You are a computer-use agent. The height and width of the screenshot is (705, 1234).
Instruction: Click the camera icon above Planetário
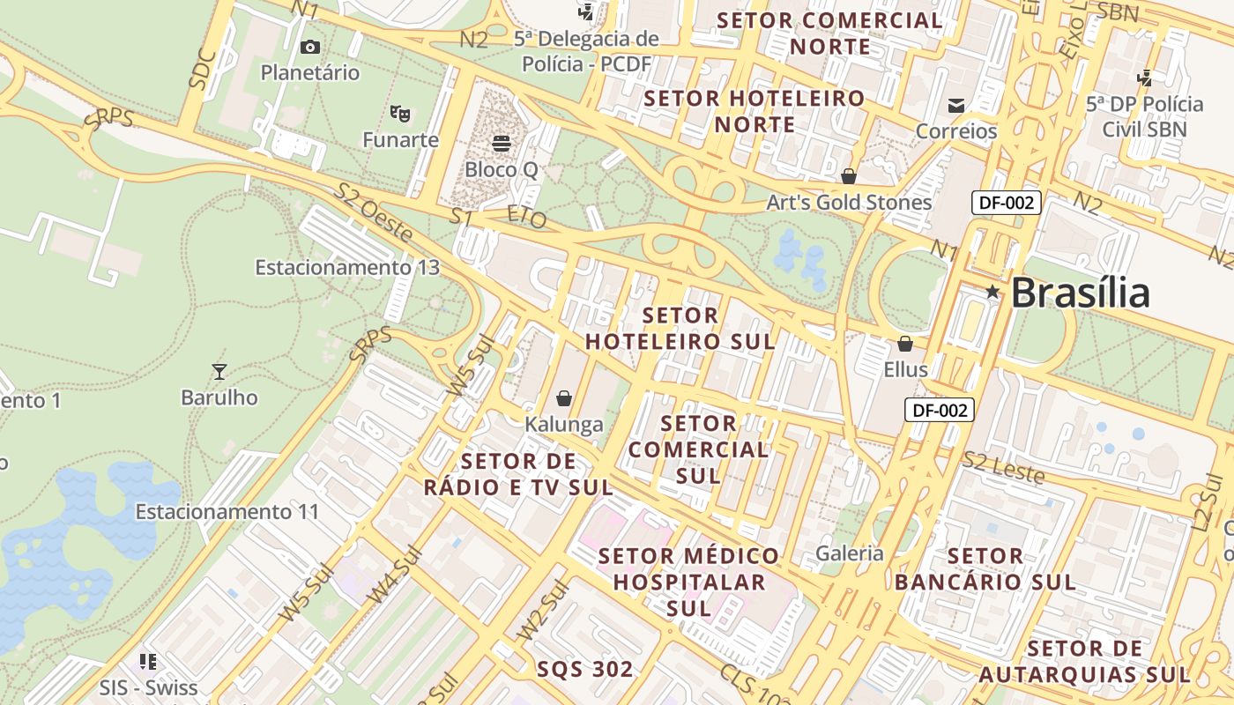coord(310,48)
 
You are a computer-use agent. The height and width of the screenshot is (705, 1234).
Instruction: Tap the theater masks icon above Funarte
coord(400,114)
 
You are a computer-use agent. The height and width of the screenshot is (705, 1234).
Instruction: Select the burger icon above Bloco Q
coord(502,143)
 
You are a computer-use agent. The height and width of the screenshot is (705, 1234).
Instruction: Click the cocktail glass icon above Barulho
coord(219,372)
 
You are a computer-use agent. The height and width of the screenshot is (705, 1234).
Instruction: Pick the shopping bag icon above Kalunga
coord(564,399)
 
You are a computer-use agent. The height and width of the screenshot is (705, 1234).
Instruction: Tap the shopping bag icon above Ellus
coord(905,344)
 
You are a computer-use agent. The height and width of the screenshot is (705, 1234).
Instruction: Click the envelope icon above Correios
coord(956,106)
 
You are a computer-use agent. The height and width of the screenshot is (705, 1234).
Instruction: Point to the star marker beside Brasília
coord(992,292)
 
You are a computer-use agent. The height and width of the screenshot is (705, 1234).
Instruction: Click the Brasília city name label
coord(1080,293)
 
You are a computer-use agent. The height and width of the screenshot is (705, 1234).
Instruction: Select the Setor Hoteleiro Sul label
coord(680,328)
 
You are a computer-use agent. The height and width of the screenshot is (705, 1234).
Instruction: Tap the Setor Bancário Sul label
coord(985,569)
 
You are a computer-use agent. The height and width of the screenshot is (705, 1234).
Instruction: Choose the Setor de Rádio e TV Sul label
coord(518,474)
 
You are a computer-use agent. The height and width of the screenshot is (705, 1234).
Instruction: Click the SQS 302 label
coord(585,669)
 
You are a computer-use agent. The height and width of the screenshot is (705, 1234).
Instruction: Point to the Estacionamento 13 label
coord(347,267)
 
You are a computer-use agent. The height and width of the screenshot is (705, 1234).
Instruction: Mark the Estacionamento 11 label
coord(227,511)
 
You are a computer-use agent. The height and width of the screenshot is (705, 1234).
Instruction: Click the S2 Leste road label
coord(1004,467)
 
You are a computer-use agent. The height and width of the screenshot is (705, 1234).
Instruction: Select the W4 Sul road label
coord(395,575)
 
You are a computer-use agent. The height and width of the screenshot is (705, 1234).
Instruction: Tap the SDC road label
coord(202,68)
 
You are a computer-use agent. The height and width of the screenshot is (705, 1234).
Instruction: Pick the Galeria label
coord(850,553)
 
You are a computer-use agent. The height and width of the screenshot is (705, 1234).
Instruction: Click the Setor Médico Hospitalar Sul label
coord(689,582)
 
